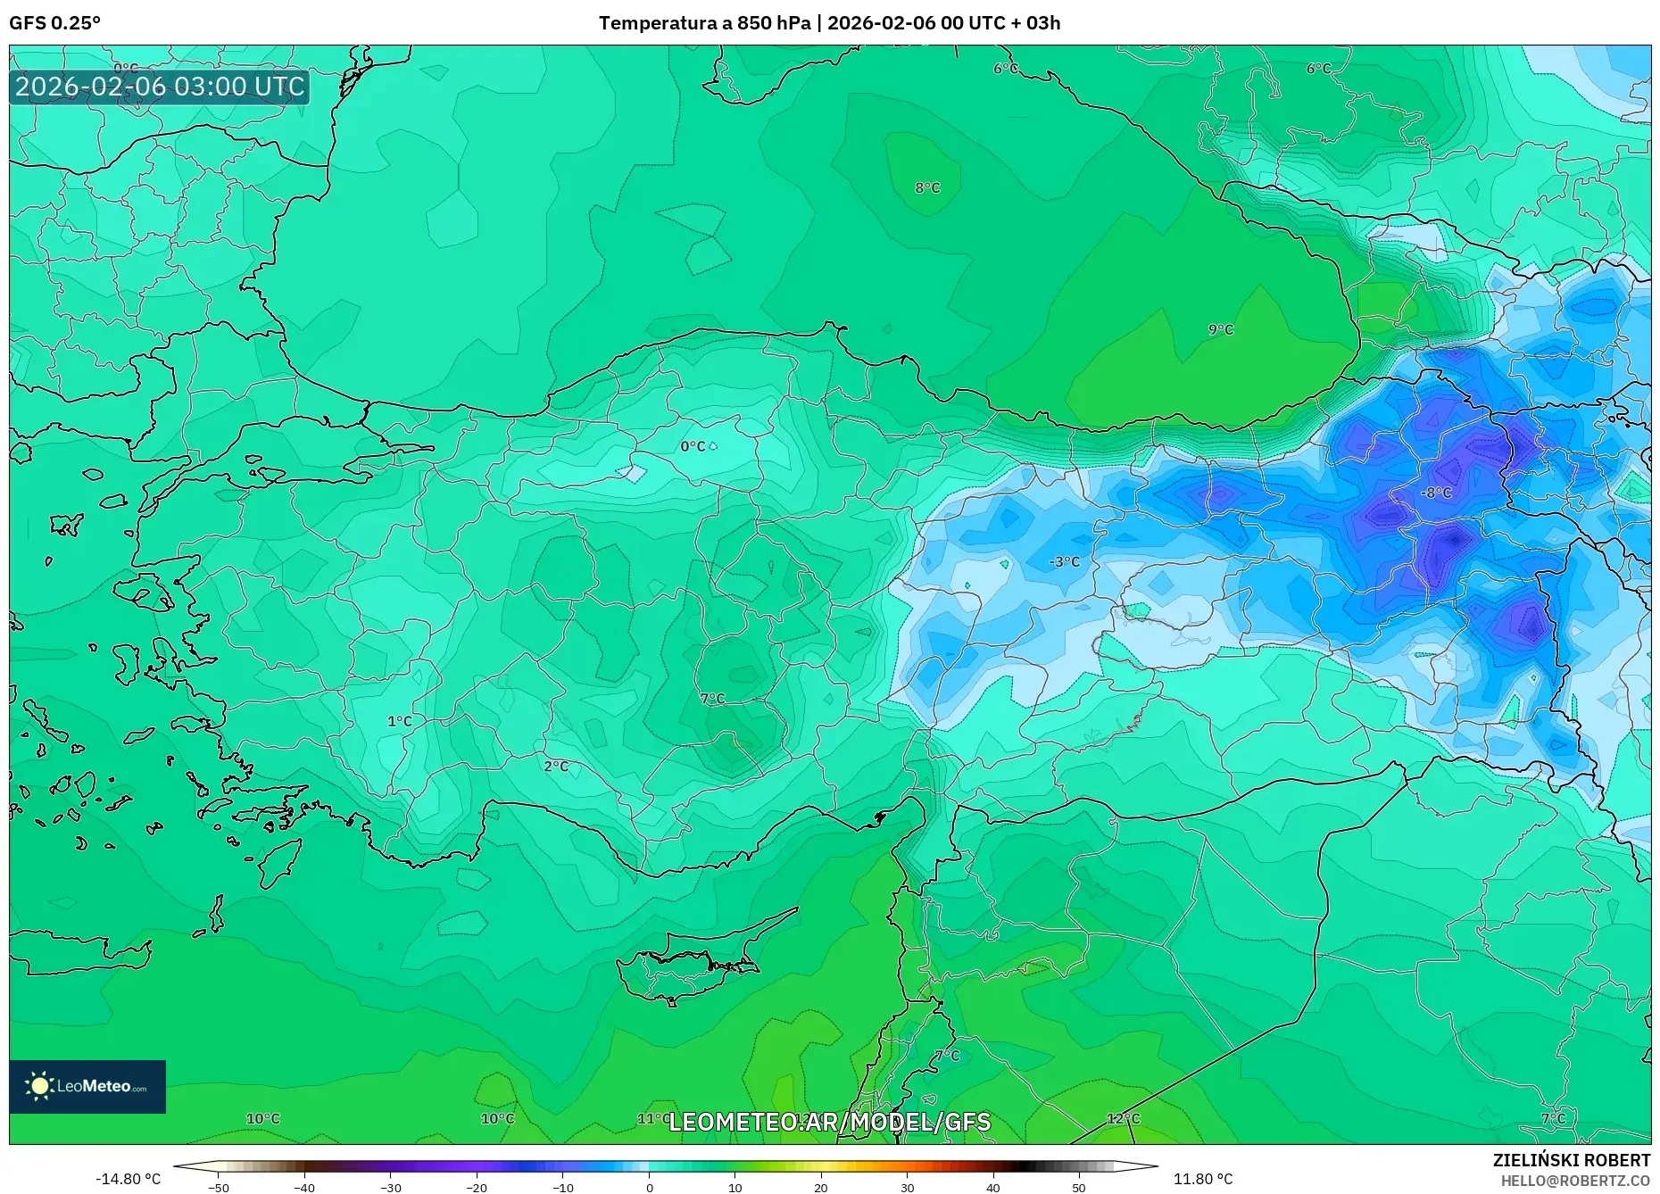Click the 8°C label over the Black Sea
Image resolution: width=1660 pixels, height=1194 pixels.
927,187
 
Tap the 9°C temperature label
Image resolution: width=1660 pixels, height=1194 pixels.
1220,329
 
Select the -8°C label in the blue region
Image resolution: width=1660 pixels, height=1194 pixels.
1436,493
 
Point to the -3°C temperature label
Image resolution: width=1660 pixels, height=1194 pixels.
1064,561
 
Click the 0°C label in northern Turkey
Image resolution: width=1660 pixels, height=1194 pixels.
693,446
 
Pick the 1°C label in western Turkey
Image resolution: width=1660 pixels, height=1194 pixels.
399,721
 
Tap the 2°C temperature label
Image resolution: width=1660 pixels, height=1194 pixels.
555,766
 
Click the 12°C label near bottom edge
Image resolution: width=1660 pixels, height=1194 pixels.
1123,1118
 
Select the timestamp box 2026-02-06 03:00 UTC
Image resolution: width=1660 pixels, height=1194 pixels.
160,87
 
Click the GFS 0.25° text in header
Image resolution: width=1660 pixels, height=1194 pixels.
54,23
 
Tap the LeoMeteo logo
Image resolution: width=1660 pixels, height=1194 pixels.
87,1086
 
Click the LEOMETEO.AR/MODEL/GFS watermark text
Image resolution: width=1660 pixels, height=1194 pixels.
829,1122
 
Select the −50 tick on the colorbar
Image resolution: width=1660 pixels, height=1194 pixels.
219,1187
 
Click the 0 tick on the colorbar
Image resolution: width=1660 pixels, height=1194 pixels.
649,1187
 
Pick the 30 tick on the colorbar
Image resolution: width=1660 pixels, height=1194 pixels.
907,1187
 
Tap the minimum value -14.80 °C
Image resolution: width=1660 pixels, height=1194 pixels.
128,1179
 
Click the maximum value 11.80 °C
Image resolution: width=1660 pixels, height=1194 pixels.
1202,1179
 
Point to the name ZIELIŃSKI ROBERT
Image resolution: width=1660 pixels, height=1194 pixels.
1571,1160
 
